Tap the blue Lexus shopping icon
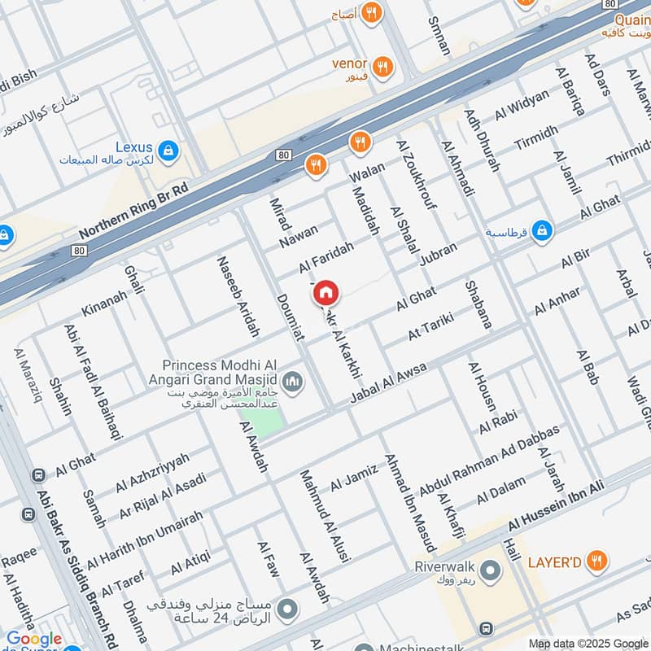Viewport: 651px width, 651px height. pos(168,150)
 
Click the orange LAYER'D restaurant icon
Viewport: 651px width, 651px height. pos(596,561)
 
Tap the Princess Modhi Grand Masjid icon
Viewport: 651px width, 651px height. pos(294,381)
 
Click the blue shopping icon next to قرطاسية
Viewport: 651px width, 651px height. pos(543,232)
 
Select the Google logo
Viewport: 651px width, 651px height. pos(34,639)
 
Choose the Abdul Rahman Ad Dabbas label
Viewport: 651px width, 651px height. pos(490,461)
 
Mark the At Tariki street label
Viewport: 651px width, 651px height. pos(430,330)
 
